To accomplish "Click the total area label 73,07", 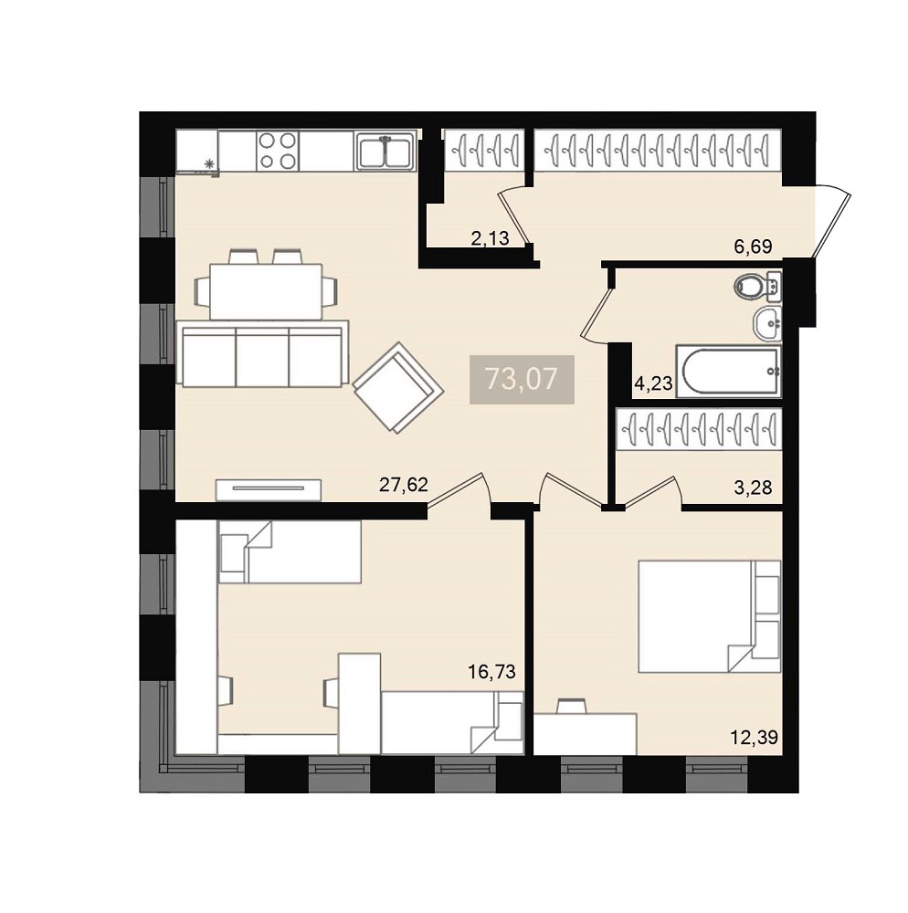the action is coord(522,379).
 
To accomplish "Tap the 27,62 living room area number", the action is coord(403,485).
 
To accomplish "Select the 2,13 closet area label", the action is coord(490,238).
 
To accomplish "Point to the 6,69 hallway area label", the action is coord(753,247).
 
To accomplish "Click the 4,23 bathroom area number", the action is coord(653,383).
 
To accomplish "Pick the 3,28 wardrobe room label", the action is coord(753,488).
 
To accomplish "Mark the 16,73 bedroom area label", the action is coord(491,673).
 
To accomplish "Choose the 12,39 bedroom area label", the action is coord(755,738).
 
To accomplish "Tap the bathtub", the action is coord(728,371).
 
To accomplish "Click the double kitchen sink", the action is coord(385,152).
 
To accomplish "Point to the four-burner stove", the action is coord(277,151).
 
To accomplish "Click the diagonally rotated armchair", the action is coord(398,388).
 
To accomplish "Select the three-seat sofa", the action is coord(263,353).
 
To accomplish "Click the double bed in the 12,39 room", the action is coord(709,616).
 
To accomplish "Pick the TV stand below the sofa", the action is coord(269,489).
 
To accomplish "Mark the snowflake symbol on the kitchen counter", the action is coord(208,164).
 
